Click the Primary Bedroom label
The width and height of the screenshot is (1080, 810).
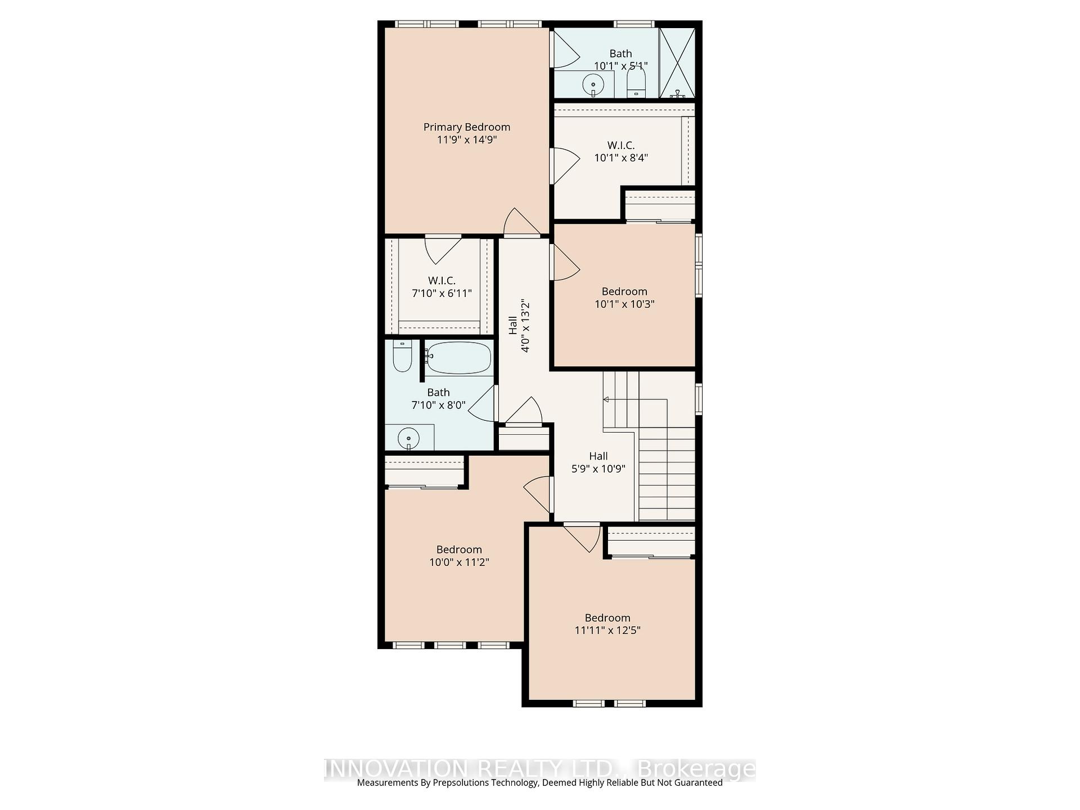tap(467, 127)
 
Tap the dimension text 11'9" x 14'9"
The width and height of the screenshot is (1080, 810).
tap(467, 139)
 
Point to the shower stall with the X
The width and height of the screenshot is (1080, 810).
tap(677, 63)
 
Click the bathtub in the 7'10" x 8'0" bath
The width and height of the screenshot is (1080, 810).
tap(458, 357)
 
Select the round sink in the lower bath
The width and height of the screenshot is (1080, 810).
tap(409, 438)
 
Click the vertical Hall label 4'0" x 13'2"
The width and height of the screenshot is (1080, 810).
tap(519, 326)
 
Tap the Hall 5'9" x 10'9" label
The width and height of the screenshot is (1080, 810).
tap(598, 462)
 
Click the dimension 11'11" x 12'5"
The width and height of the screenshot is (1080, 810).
tap(607, 630)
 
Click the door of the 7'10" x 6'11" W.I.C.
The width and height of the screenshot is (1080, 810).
tap(443, 250)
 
